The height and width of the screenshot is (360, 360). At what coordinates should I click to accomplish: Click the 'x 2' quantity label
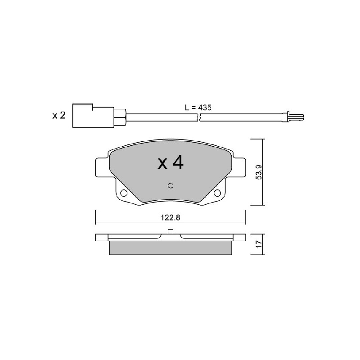tap(59, 115)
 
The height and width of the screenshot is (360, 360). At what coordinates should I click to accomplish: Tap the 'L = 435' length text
tap(198, 108)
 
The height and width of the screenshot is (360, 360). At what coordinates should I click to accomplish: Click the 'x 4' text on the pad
tap(171, 162)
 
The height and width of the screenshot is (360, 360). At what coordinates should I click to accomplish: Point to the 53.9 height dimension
tap(259, 172)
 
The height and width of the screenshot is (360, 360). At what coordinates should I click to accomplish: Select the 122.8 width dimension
tap(171, 217)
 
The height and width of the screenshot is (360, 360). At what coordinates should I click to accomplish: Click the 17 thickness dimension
tap(259, 244)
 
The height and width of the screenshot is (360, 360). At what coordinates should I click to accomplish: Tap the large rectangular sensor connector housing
tap(93, 116)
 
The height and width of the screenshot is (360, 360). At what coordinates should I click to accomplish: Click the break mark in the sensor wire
tap(199, 117)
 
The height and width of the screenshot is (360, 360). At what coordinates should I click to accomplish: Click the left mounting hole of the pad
tap(124, 193)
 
